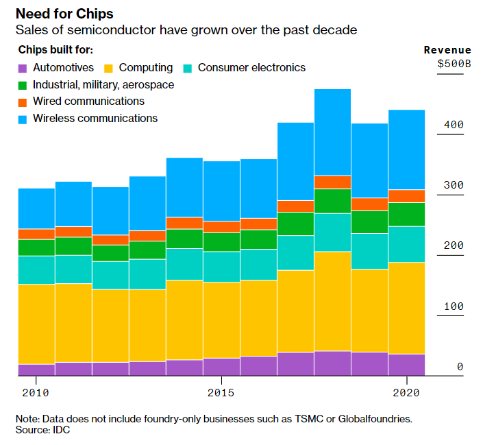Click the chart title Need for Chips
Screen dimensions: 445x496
pyautogui.click(x=64, y=14)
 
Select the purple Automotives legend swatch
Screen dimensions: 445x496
pyautogui.click(x=22, y=68)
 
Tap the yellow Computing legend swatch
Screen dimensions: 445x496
pyautogui.click(x=108, y=68)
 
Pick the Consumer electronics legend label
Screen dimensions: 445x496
pyautogui.click(x=251, y=67)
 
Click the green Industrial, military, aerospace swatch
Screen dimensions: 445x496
pyautogui.click(x=22, y=85)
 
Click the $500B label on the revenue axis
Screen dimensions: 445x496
pyautogui.click(x=454, y=64)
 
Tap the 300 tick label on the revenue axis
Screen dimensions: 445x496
pyautogui.click(x=454, y=185)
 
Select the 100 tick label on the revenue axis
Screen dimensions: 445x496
pyautogui.click(x=454, y=306)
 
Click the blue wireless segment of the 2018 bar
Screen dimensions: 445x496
pyautogui.click(x=332, y=132)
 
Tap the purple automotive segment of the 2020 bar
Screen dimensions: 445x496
pyautogui.click(x=406, y=365)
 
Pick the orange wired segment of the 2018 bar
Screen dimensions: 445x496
pyautogui.click(x=332, y=182)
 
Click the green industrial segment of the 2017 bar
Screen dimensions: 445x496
pyautogui.click(x=295, y=224)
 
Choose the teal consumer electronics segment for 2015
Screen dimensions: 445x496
pyautogui.click(x=221, y=267)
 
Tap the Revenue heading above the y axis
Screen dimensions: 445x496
pyautogui.click(x=447, y=50)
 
